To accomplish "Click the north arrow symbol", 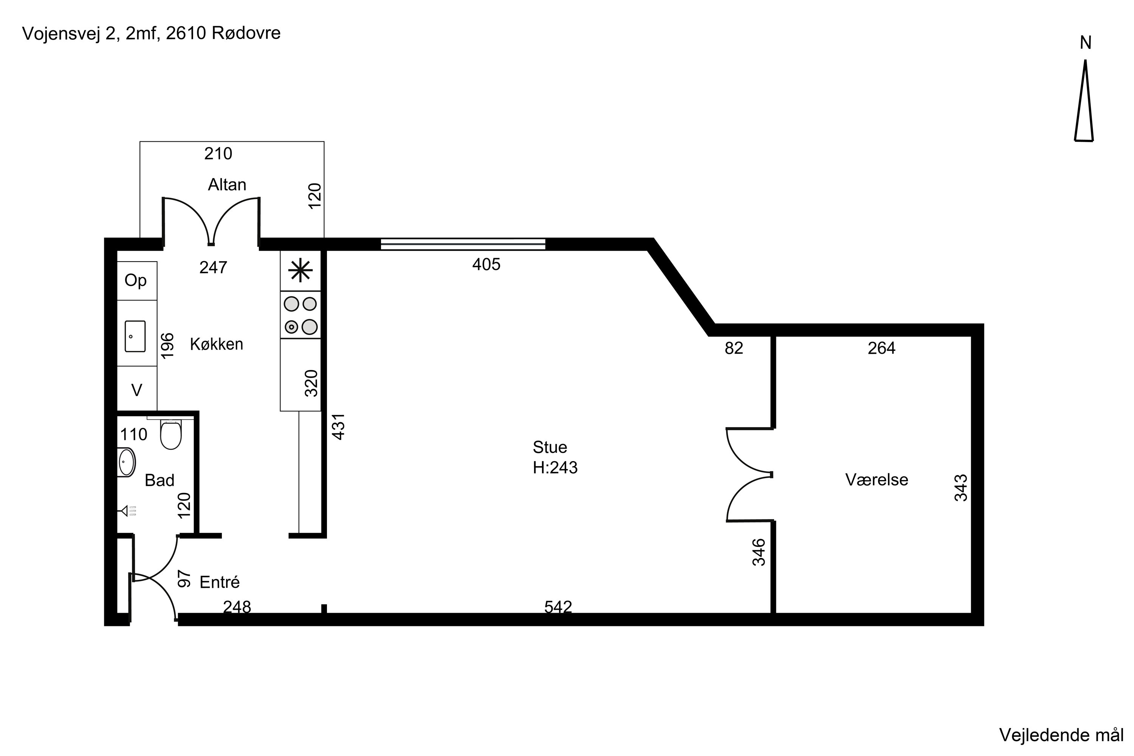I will pyautogui.click(x=1084, y=101).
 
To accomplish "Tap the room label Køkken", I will pyautogui.click(x=217, y=344).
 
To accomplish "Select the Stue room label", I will pyautogui.click(x=550, y=448).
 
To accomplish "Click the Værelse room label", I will pyautogui.click(x=877, y=480).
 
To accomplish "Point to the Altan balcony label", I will pyautogui.click(x=227, y=185).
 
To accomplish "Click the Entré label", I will pyautogui.click(x=219, y=582).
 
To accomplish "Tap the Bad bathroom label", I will pyautogui.click(x=160, y=480).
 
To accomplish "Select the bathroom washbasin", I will pyautogui.click(x=126, y=462).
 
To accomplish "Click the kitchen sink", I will pyautogui.click(x=135, y=336).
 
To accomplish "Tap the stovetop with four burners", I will pyautogui.click(x=301, y=315).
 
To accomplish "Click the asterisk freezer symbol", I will pyautogui.click(x=301, y=271).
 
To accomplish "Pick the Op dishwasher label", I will pyautogui.click(x=135, y=280).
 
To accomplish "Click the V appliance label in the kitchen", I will pyautogui.click(x=137, y=390).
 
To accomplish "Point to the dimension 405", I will pyautogui.click(x=486, y=264).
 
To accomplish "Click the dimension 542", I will pyautogui.click(x=558, y=607).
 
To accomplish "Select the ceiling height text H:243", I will pyautogui.click(x=555, y=468).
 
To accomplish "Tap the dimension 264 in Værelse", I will pyautogui.click(x=881, y=348).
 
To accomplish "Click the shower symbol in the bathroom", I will pyautogui.click(x=128, y=511).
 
